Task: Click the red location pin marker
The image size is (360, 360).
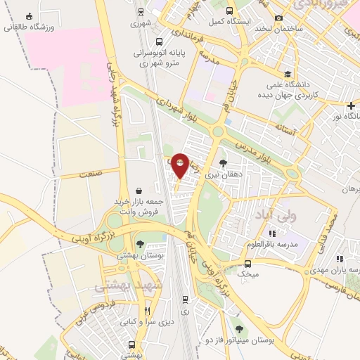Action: coord(181,165)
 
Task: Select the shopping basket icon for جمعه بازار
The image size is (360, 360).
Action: coord(139,191)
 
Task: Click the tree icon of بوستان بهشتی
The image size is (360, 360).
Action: coord(141,245)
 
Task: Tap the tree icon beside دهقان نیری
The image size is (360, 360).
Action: coord(223,162)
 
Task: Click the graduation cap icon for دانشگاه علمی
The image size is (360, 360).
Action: coord(287,74)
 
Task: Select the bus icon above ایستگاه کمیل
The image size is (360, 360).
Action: coord(231,11)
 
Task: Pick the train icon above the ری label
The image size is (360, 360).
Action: coord(185,299)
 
